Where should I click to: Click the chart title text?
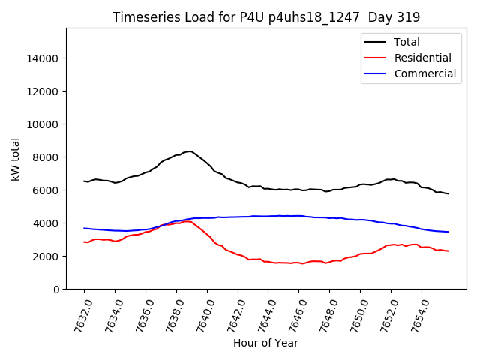[x=266, y=16]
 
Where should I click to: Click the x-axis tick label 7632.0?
[x=77, y=316]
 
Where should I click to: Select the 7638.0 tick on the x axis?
[x=169, y=316]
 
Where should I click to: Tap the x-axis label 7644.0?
[x=262, y=316]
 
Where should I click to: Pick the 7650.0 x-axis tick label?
[x=353, y=316]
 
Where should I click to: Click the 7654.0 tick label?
[x=415, y=316]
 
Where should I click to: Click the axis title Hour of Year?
[x=265, y=343]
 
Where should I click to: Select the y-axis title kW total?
[x=16, y=158]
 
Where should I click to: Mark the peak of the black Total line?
[x=190, y=151]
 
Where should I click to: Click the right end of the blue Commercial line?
[x=448, y=232]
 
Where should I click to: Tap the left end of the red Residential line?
[x=84, y=241]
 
